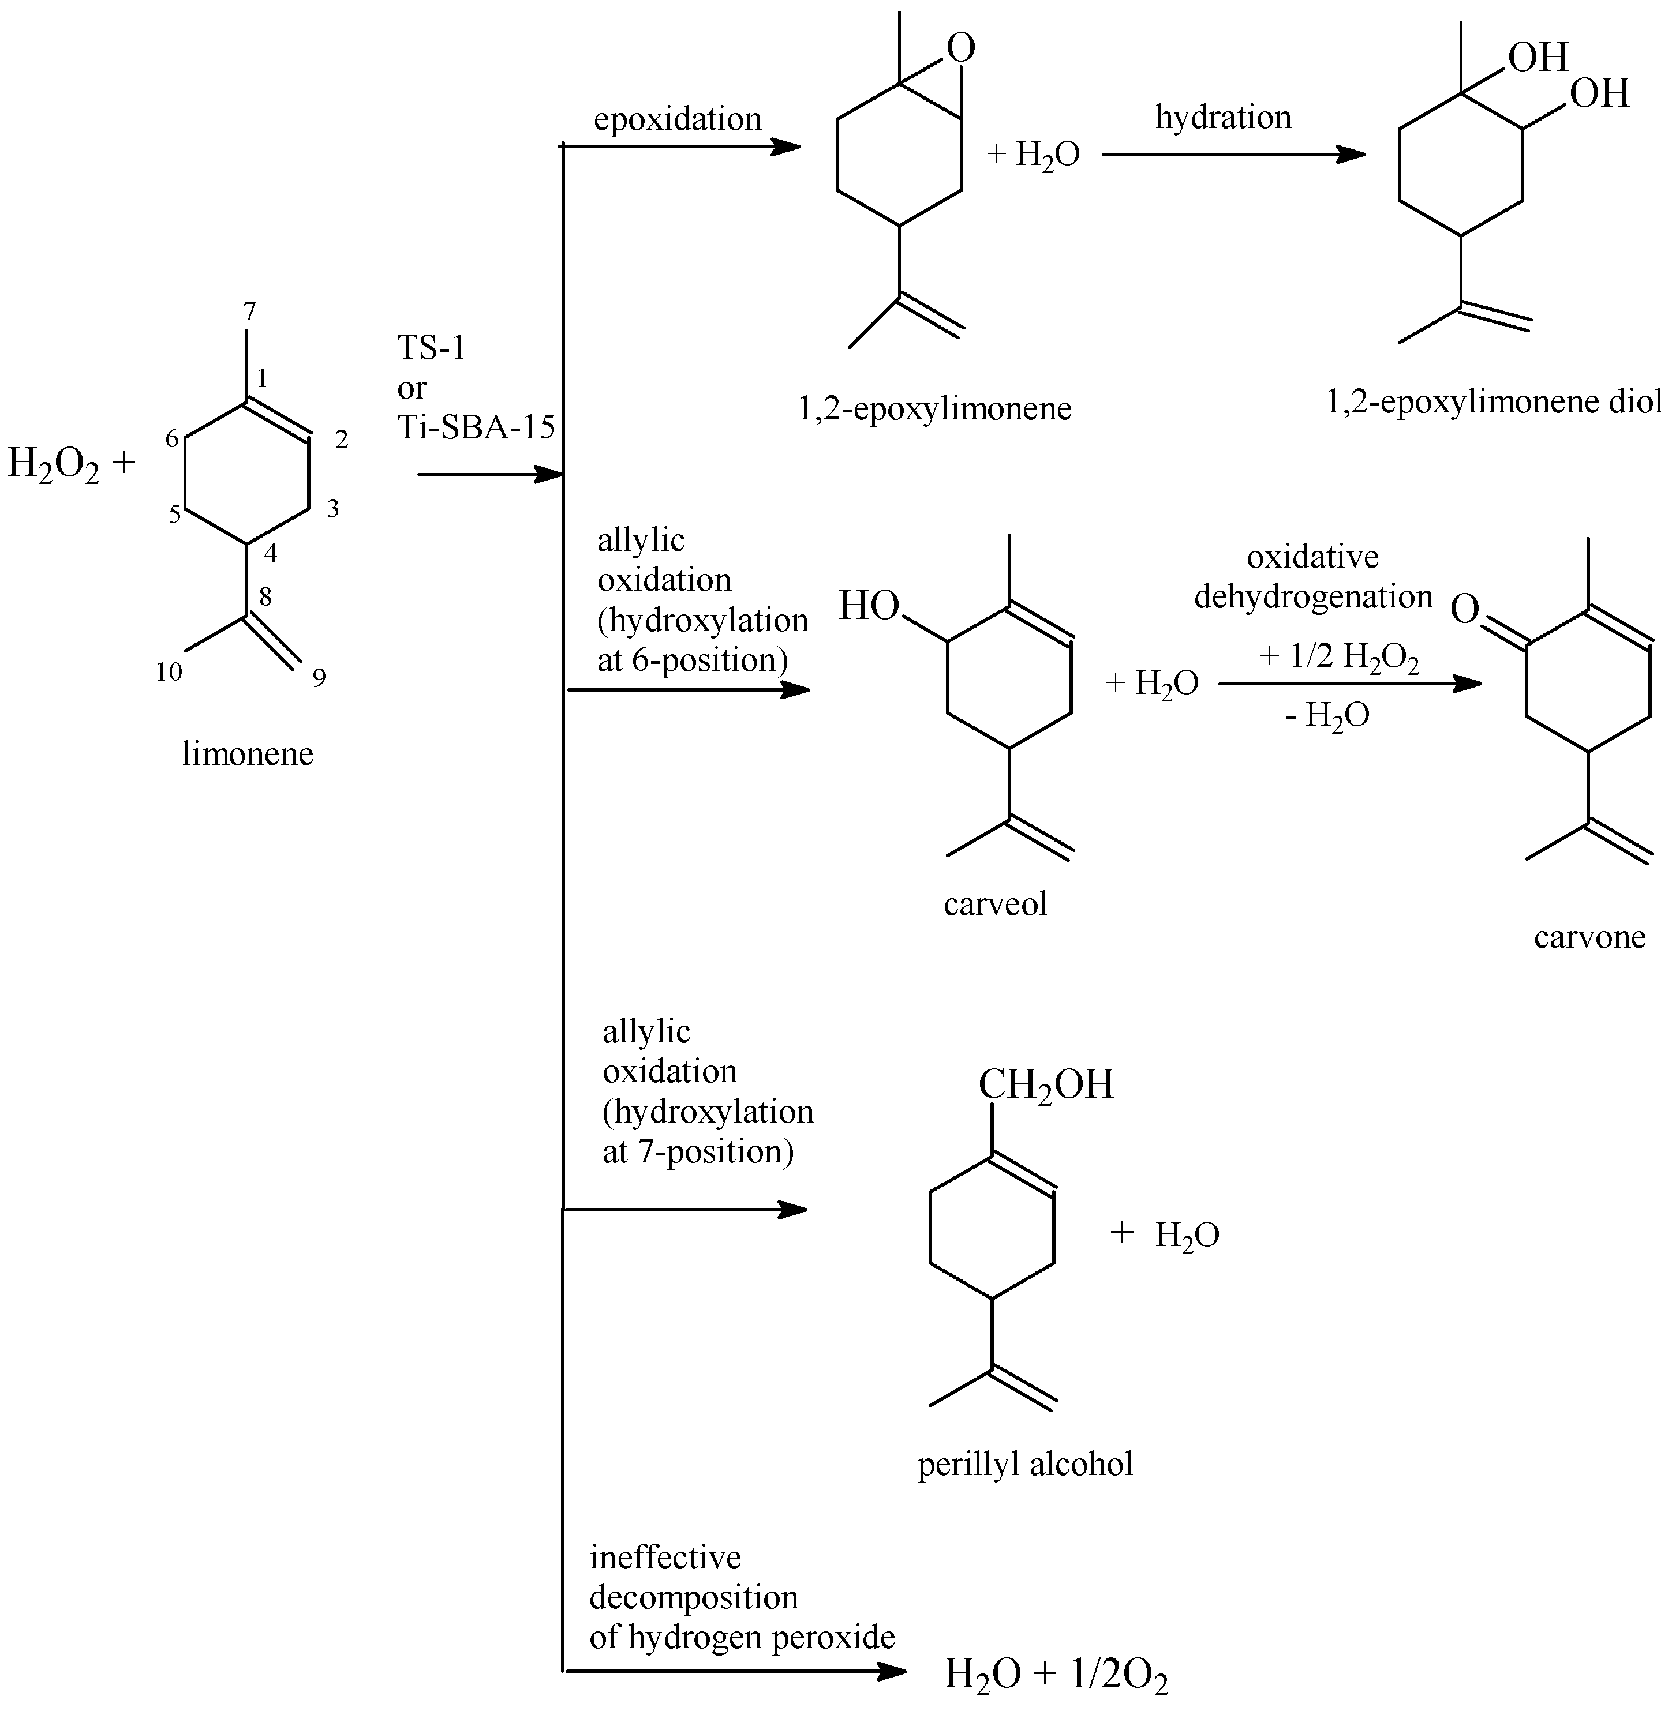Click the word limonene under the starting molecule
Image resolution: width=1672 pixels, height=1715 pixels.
(248, 753)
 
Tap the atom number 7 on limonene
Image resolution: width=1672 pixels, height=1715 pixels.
(249, 311)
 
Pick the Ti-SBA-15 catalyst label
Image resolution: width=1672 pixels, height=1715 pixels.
(477, 427)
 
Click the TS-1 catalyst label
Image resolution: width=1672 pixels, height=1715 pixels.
(431, 348)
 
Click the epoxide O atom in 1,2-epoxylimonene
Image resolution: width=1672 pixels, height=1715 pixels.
(962, 49)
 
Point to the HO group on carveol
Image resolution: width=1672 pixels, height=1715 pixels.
(869, 606)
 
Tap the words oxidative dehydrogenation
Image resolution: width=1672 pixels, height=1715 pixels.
(1313, 577)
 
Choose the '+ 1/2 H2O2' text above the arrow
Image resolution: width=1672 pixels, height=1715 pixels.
(1338, 658)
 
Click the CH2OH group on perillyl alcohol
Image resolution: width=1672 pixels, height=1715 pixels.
(1045, 1085)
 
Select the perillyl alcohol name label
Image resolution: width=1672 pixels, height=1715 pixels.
(1025, 1464)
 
